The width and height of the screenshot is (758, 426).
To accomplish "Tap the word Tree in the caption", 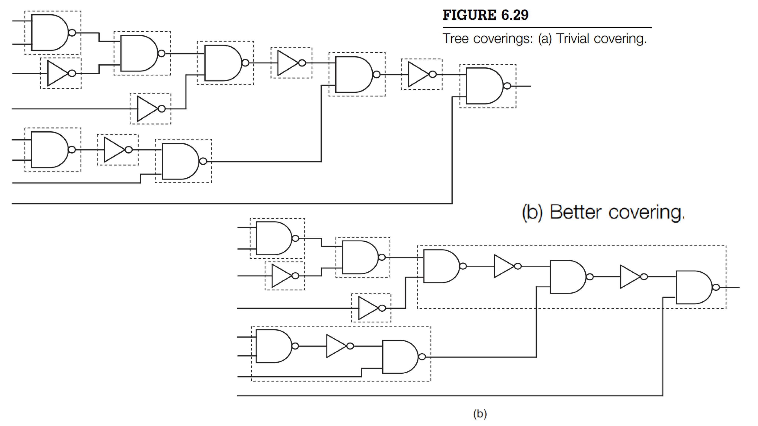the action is click(x=456, y=38).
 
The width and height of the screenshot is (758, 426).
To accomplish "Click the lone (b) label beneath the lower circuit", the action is click(x=480, y=414).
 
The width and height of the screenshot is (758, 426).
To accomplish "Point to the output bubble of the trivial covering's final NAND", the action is click(x=507, y=86).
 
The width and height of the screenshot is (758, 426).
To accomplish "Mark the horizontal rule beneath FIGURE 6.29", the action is click(x=547, y=27).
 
